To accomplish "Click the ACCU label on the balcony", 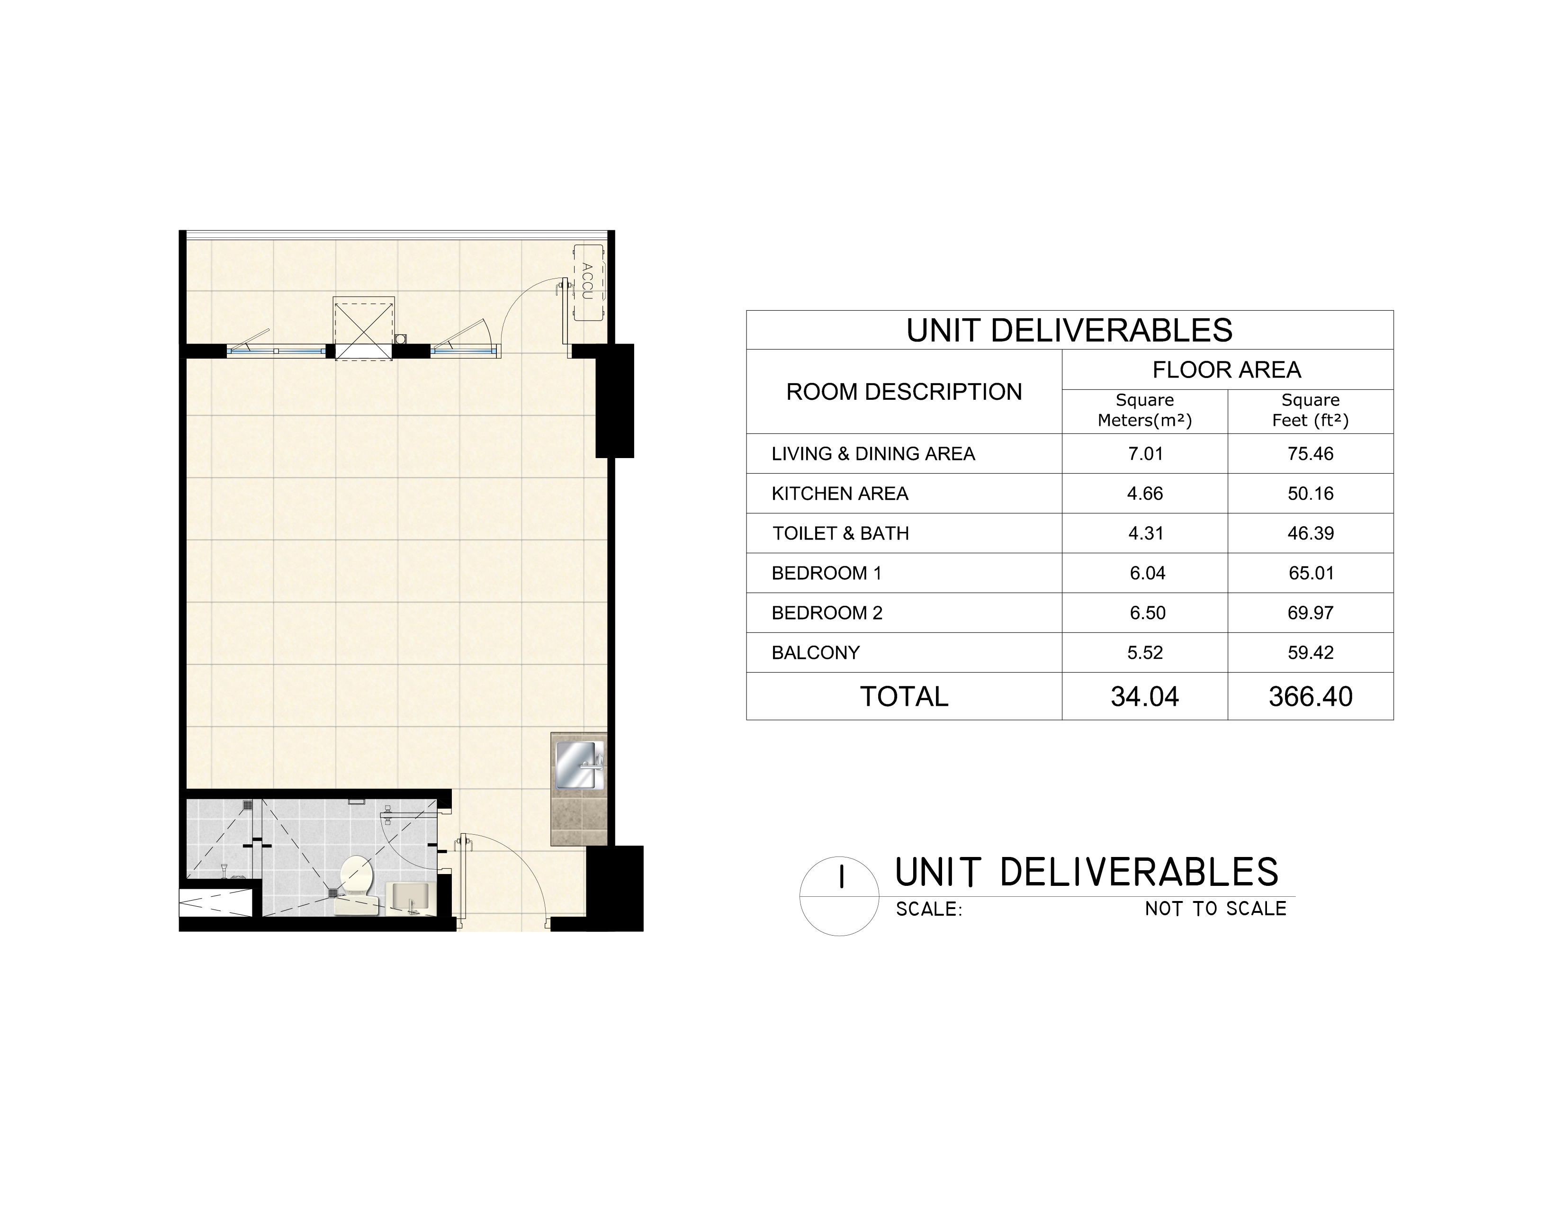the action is (x=588, y=281).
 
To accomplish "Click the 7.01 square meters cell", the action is (x=1145, y=454).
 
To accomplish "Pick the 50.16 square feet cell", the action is (x=1311, y=494).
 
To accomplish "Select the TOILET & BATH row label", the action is (x=841, y=533).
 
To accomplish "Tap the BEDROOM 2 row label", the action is (x=827, y=613).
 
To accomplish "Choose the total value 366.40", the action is (x=1311, y=696).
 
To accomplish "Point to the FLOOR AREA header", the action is (x=1227, y=370).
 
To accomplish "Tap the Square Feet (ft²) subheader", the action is (x=1311, y=410).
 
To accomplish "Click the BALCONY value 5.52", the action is (x=1145, y=653).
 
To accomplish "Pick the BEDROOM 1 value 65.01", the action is (x=1311, y=573).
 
